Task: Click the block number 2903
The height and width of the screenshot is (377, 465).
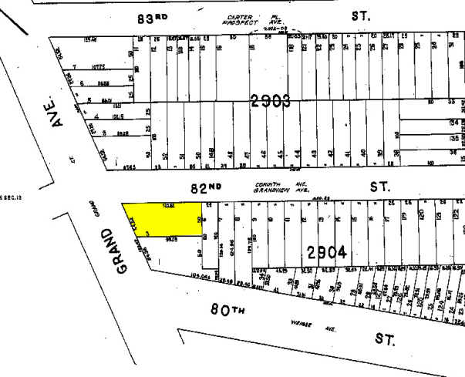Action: [x=269, y=99]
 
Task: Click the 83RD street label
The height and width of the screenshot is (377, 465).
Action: [x=153, y=20]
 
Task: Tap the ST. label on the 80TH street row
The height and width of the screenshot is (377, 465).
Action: [x=385, y=338]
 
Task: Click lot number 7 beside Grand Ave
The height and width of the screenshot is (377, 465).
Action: [x=74, y=66]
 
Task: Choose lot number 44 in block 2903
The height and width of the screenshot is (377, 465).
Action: [x=297, y=153]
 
